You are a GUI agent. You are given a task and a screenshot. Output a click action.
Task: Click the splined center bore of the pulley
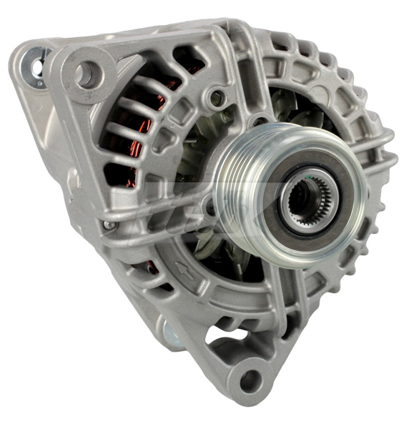point(300,194)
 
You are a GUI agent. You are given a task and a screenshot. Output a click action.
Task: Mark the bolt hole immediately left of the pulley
point(209,208)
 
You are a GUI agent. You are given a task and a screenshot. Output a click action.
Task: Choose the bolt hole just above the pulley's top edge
point(259,118)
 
